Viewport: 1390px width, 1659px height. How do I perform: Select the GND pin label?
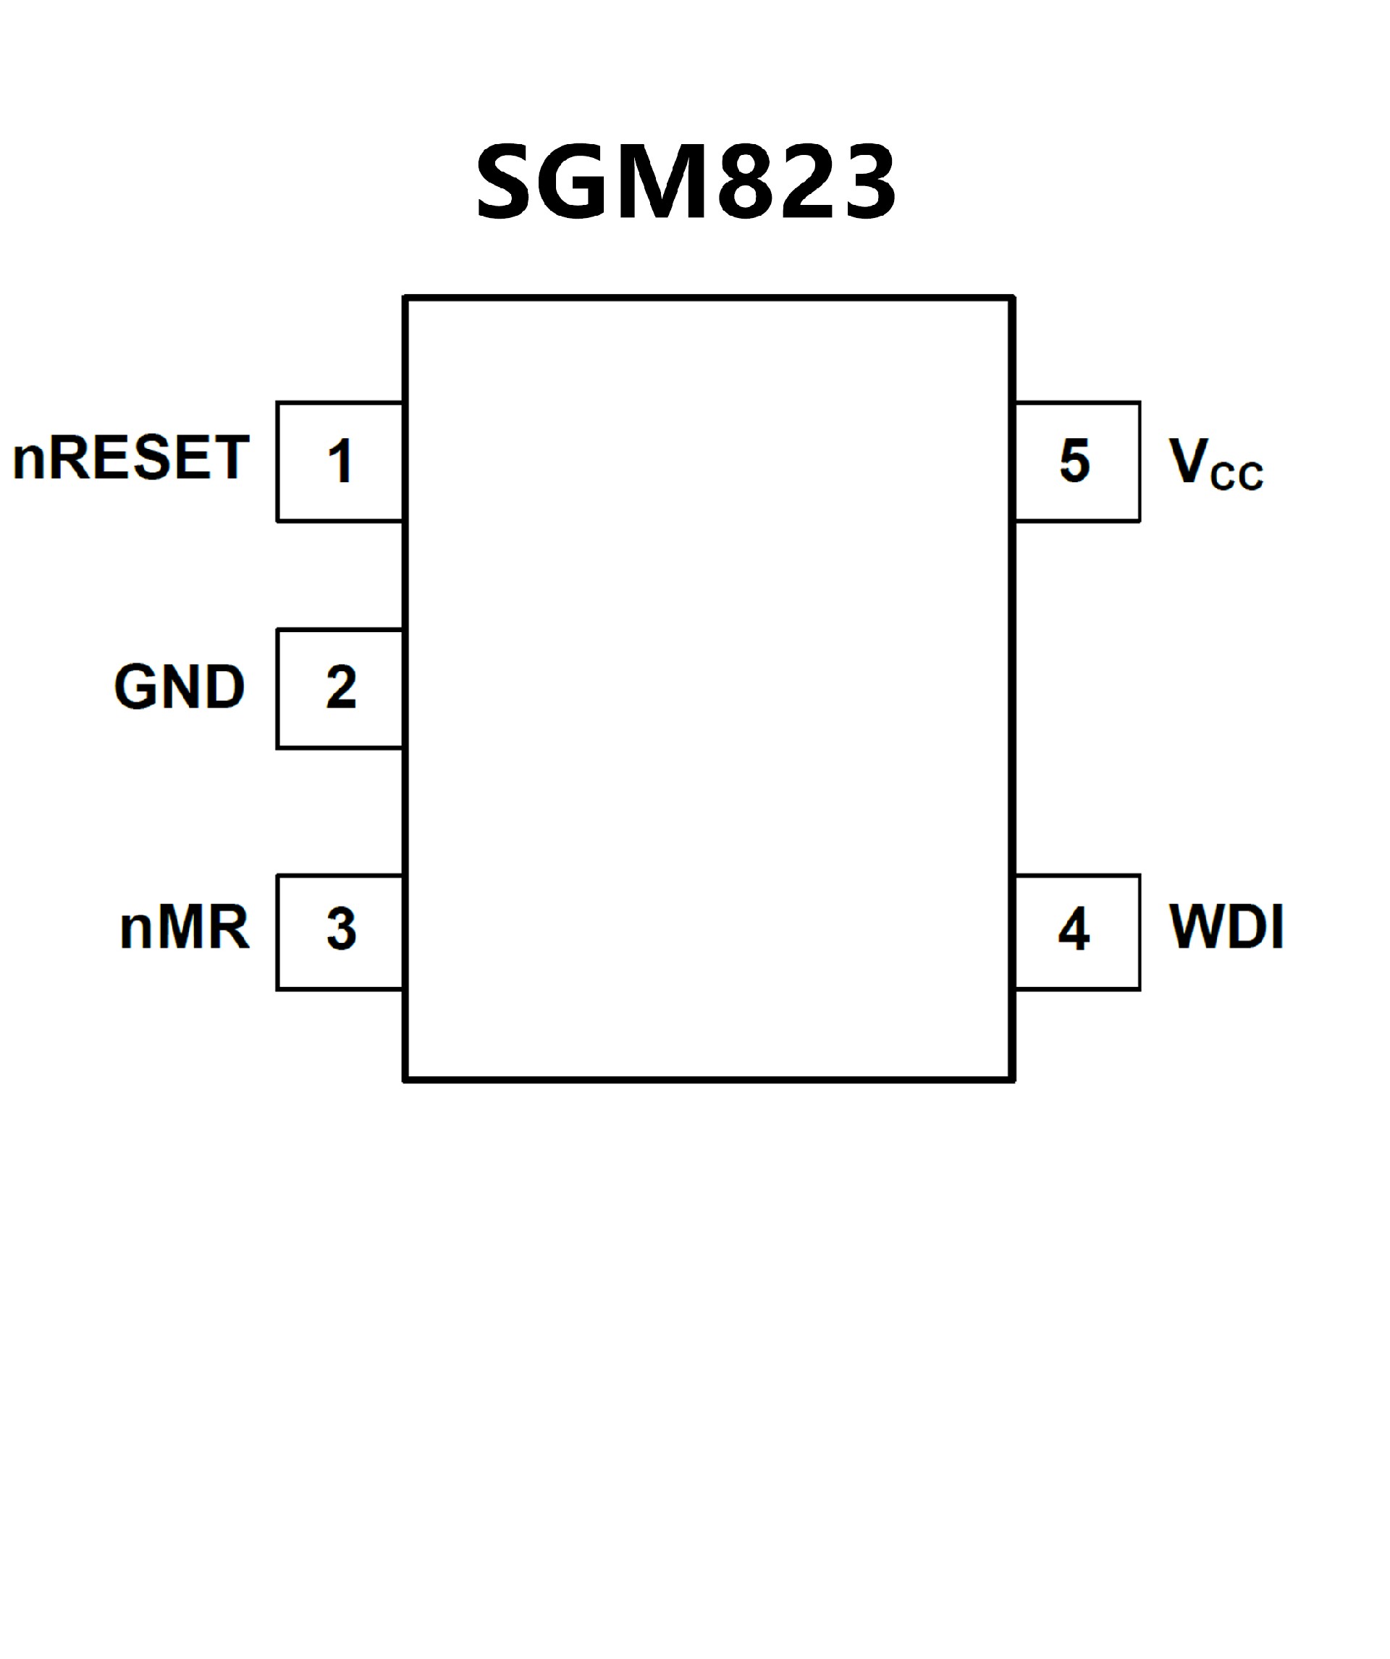click(180, 686)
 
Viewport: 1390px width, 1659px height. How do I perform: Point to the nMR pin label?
click(184, 928)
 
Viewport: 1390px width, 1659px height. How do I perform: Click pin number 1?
click(340, 461)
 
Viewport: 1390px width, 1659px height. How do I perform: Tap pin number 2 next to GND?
click(341, 687)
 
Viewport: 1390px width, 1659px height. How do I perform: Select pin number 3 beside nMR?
click(341, 929)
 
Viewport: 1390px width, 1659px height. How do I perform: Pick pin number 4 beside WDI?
click(1074, 929)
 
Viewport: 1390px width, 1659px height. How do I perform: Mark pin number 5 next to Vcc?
click(1075, 460)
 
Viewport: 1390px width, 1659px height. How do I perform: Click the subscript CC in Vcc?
click(1237, 476)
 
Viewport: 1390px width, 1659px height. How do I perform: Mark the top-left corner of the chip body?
click(405, 298)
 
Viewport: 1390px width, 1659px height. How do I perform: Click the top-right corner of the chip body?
click(1014, 298)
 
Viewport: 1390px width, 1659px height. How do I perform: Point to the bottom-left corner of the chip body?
click(405, 1079)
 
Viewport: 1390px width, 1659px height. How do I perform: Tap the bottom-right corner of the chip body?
click(1014, 1079)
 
